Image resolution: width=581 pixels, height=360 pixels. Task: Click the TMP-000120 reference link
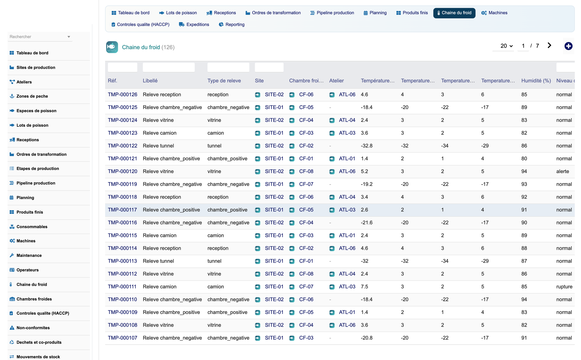click(x=122, y=171)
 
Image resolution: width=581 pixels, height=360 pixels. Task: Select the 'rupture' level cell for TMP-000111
click(x=564, y=287)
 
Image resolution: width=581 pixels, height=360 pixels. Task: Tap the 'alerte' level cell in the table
click(x=562, y=171)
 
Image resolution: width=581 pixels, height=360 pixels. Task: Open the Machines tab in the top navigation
click(x=494, y=13)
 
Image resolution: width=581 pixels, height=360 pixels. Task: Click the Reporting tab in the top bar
click(x=232, y=24)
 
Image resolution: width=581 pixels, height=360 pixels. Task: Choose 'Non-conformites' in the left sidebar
click(x=33, y=328)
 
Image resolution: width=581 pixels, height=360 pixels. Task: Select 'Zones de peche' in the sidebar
click(x=32, y=96)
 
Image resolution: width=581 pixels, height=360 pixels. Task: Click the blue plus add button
click(x=568, y=46)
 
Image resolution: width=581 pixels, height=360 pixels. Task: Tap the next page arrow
click(x=549, y=45)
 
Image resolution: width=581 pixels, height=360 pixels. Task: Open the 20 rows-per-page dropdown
click(x=506, y=46)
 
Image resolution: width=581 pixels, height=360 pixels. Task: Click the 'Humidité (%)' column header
click(x=536, y=81)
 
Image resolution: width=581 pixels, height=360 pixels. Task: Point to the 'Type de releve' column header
click(x=224, y=81)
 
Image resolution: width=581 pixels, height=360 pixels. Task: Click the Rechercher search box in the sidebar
click(x=40, y=37)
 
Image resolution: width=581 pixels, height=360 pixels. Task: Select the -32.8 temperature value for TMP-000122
click(x=367, y=146)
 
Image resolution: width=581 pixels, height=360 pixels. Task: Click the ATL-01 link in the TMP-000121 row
click(x=347, y=159)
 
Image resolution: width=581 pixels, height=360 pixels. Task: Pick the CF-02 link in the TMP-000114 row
click(x=306, y=248)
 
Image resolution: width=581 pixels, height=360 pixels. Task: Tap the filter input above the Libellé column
click(x=169, y=67)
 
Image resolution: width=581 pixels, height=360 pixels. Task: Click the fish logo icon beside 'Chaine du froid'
click(x=112, y=47)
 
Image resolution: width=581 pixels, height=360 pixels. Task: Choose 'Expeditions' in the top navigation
click(x=194, y=24)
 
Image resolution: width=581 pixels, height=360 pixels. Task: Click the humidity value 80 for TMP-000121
click(x=524, y=159)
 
